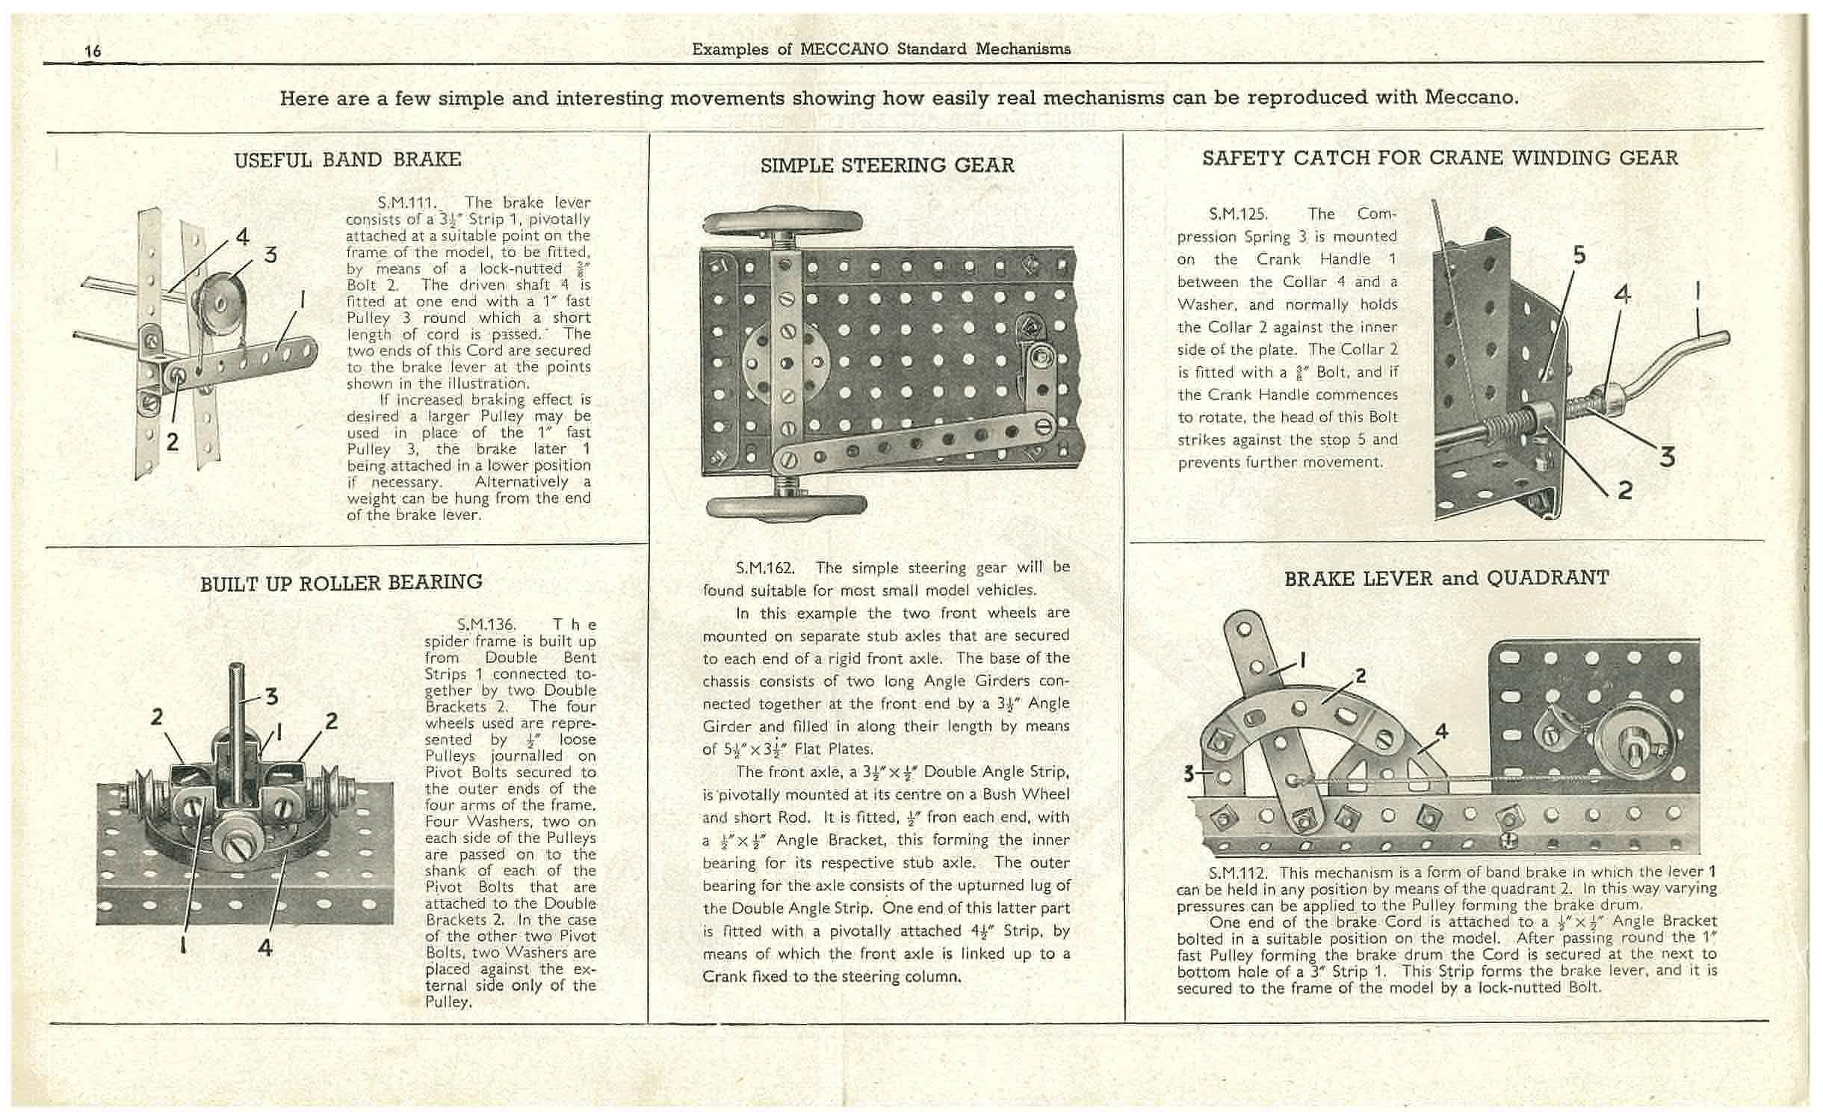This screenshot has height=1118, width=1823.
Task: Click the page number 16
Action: click(93, 51)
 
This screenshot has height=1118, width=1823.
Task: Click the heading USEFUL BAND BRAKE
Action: click(347, 159)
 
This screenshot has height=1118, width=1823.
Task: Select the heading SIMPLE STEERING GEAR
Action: click(887, 165)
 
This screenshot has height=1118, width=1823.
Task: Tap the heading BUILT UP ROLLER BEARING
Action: click(341, 582)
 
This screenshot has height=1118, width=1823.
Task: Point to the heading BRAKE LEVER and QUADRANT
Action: click(1446, 578)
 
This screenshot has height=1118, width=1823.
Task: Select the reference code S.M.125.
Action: click(1238, 214)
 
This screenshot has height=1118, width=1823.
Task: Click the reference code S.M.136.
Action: click(486, 624)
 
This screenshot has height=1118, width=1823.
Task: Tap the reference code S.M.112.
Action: click(1238, 872)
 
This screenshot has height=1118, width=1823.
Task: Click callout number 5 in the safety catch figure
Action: click(1579, 255)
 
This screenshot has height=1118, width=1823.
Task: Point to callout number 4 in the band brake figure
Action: click(242, 236)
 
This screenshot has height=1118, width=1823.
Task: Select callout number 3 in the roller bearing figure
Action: click(272, 697)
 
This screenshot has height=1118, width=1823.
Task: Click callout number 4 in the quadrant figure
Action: click(1442, 731)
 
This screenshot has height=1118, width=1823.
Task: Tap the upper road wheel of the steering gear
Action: click(782, 222)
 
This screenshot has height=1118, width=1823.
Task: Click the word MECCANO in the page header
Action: click(844, 49)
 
